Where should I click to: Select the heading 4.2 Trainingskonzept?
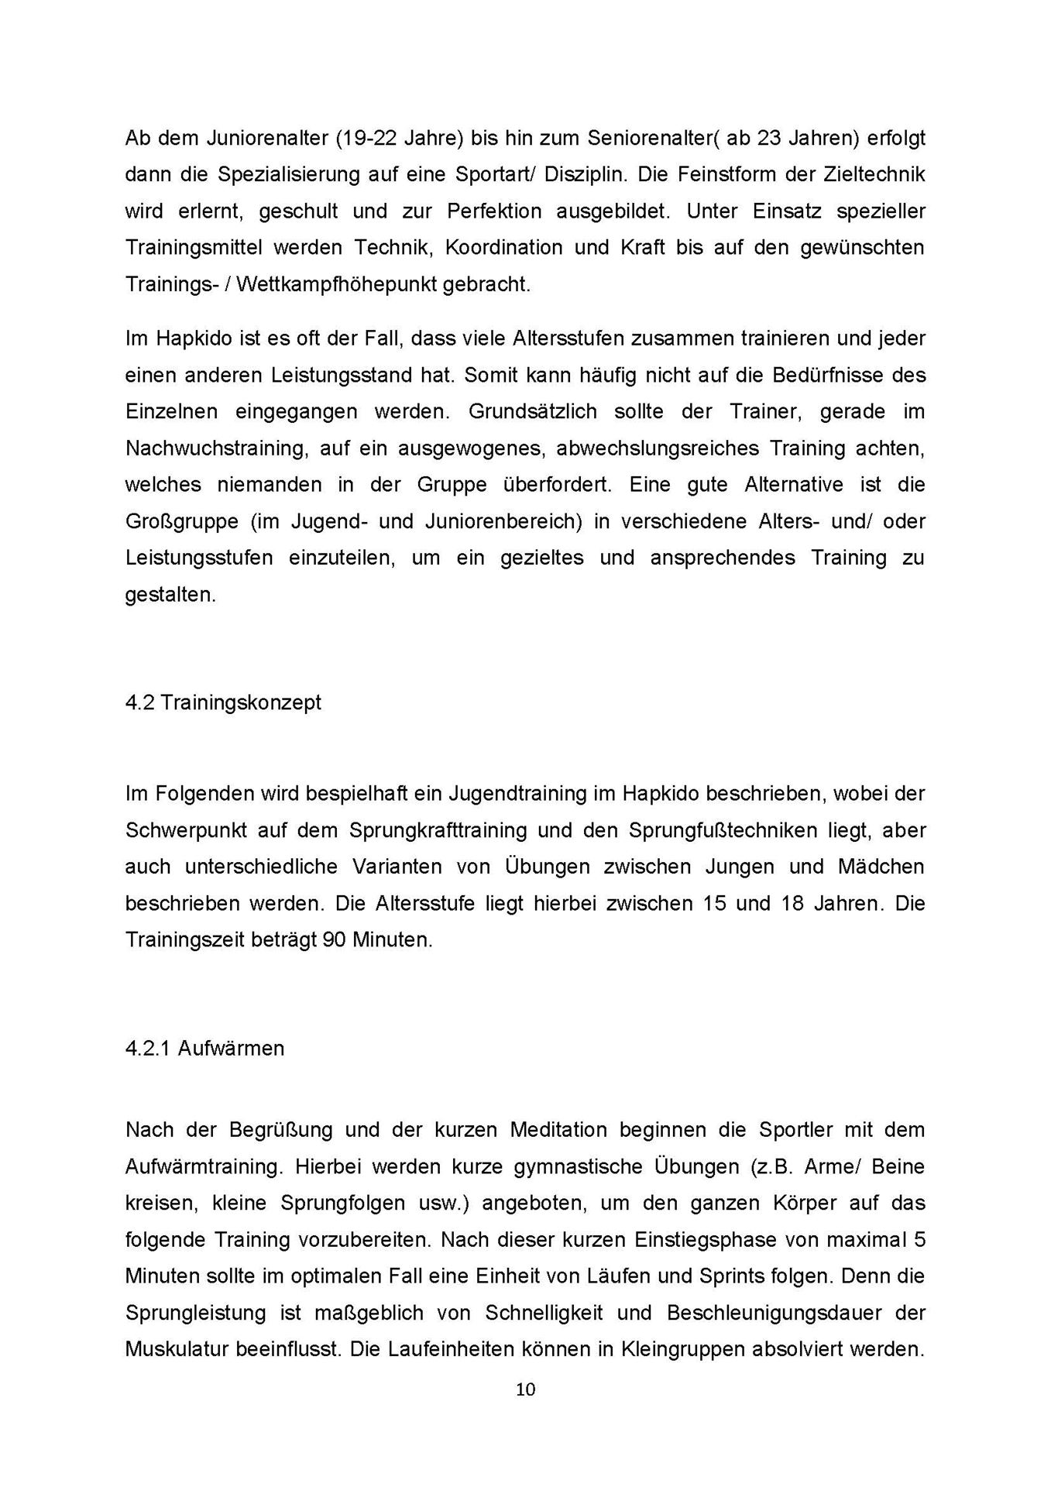coord(223,703)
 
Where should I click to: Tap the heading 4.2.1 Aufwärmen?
coord(204,1049)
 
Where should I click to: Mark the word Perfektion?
coord(494,211)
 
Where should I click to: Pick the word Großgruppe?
coord(181,521)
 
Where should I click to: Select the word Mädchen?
coord(881,867)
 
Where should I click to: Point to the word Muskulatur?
coord(177,1350)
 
